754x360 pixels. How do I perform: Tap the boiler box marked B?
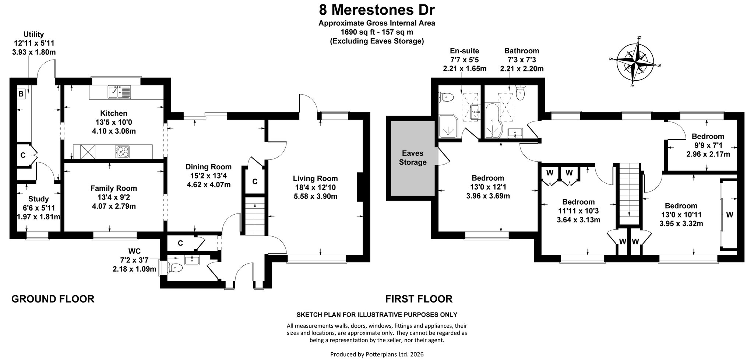(21, 94)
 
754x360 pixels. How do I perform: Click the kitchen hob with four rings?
(122, 151)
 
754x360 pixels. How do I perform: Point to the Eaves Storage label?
(413, 158)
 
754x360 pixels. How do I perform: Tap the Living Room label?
(315, 179)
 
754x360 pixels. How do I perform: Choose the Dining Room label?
(208, 167)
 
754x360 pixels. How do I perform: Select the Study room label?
(38, 199)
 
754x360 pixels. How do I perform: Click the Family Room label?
(113, 188)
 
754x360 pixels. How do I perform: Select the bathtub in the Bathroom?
(493, 121)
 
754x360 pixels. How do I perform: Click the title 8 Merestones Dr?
(377, 9)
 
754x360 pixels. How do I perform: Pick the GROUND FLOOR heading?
(53, 299)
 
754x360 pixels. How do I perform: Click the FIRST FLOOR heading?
(419, 299)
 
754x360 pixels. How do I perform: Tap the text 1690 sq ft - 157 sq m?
(377, 32)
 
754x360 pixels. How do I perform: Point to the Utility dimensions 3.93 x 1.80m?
(34, 52)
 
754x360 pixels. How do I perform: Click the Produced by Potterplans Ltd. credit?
(377, 354)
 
